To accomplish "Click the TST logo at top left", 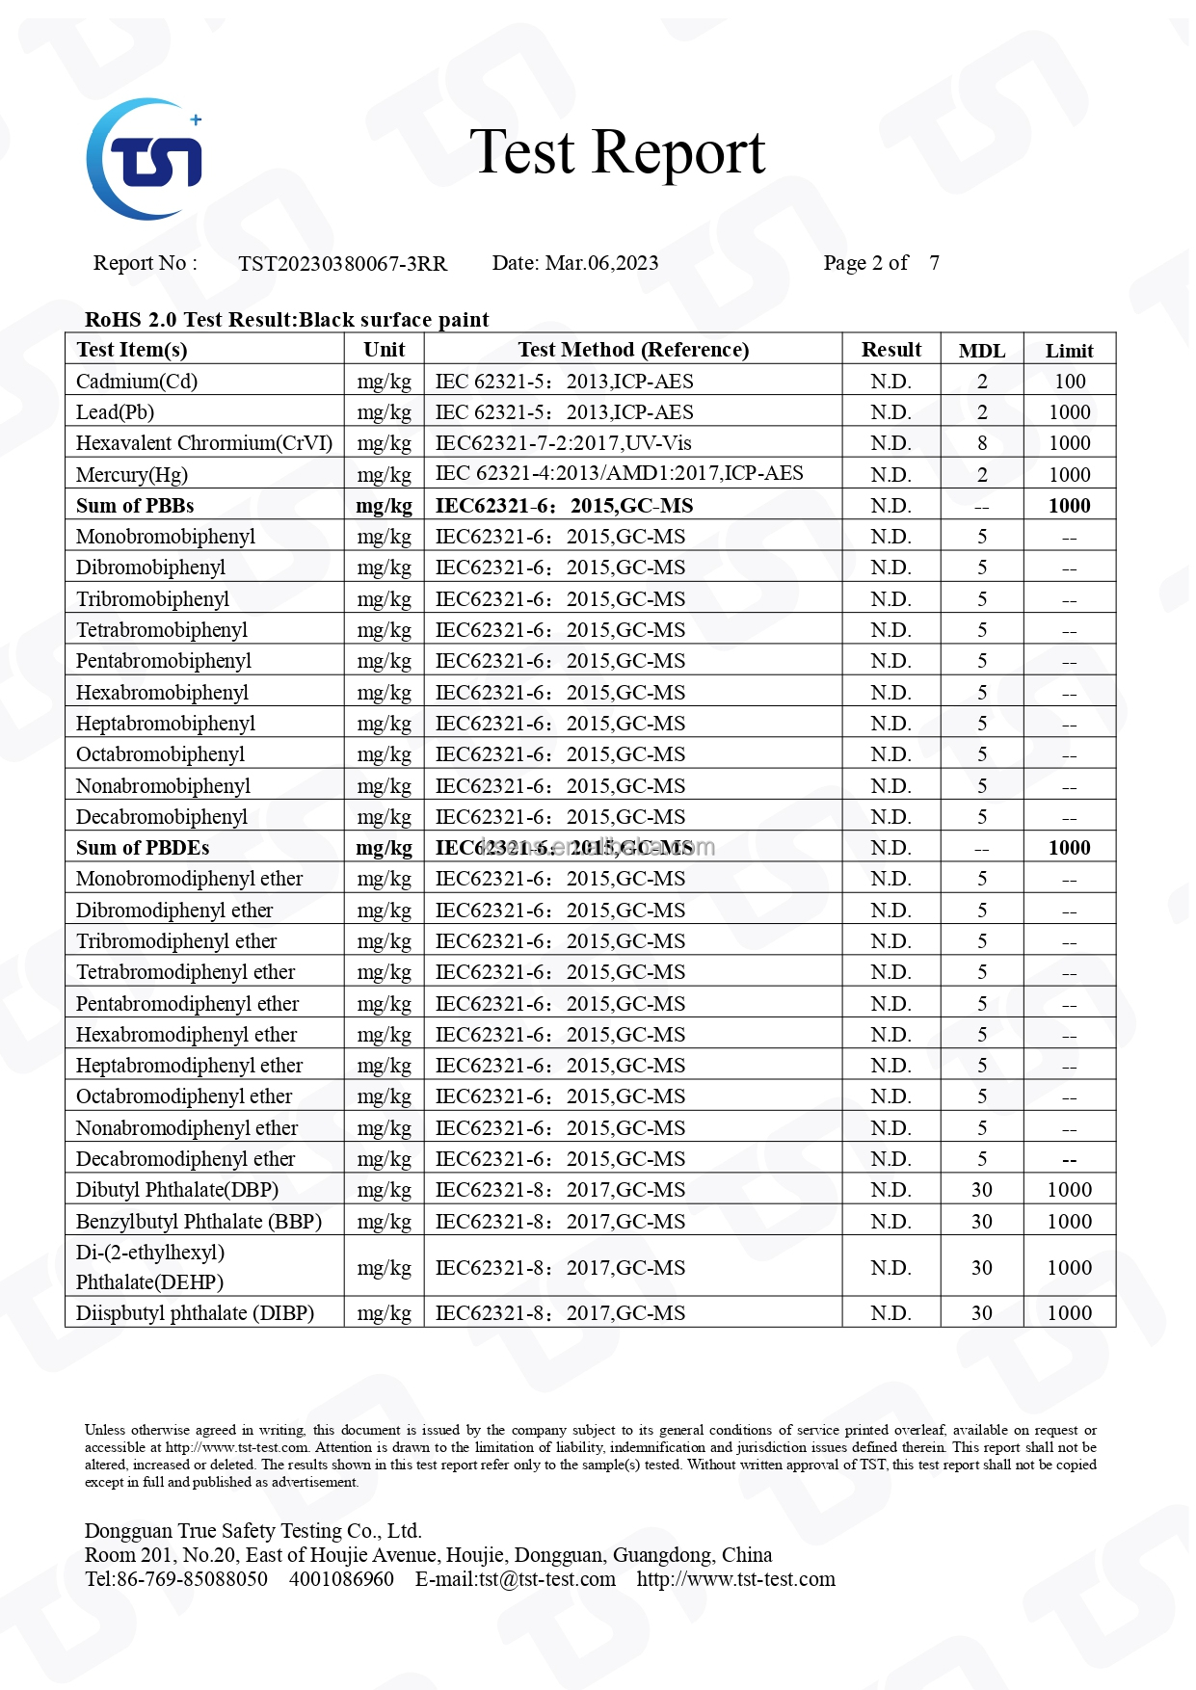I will pos(145,159).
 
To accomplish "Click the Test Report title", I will pos(617,152).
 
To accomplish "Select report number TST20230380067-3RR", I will pos(342,264).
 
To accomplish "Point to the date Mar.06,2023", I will pos(601,263).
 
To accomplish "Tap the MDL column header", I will pos(981,351).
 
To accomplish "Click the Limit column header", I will pos(1069,351).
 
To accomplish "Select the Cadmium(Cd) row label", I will pos(137,382).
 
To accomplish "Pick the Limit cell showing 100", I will pos(1069,382).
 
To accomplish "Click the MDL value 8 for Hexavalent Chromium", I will pos(981,443).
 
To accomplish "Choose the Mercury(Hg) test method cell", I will pos(619,473).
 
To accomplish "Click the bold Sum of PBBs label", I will pos(135,506).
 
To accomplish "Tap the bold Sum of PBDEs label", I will pos(143,848).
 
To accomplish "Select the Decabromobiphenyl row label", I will pos(162,817).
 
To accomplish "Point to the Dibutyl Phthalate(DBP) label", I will pos(177,1190).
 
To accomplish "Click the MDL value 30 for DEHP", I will pos(981,1268).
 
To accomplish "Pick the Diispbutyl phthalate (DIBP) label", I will pos(195,1313).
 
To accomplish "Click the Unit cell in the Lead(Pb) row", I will pos(384,412).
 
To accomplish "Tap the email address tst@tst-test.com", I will pos(546,1579).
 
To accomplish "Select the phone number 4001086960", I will pos(341,1579).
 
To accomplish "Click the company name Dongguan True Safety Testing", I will pos(252,1531).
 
